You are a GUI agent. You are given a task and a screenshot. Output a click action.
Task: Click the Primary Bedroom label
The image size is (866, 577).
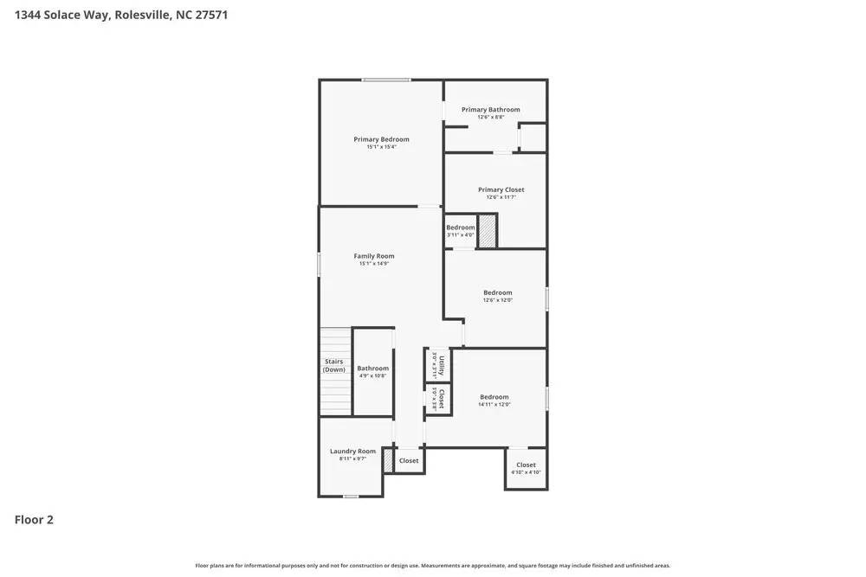[x=381, y=139]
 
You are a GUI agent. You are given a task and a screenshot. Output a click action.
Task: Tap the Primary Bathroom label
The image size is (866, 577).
[x=490, y=110]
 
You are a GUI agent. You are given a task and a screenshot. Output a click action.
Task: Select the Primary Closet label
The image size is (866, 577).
[x=501, y=189]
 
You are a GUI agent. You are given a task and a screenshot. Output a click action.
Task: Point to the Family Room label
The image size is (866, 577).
[x=373, y=256]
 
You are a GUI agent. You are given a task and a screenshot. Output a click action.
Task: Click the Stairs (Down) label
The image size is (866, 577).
[x=333, y=366]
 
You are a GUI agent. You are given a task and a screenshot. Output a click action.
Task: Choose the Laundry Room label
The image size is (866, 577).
[x=352, y=451]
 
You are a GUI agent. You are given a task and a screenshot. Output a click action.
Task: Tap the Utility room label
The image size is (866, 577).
[x=442, y=365]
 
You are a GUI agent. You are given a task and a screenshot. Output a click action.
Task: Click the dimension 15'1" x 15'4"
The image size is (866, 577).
[x=381, y=147]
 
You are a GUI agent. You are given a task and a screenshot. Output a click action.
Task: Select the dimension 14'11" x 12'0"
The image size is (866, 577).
[x=494, y=404]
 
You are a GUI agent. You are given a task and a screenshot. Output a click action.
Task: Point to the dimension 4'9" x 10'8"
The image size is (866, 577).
[x=372, y=375]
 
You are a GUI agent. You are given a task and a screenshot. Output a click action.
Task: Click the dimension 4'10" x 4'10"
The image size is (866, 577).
[x=526, y=472]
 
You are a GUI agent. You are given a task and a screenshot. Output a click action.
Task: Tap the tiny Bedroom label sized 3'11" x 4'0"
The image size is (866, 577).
[x=460, y=228]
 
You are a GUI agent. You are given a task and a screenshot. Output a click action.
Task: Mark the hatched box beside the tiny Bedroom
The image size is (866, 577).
[x=487, y=231]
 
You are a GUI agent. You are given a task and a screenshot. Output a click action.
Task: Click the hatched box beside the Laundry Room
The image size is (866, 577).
[x=388, y=460]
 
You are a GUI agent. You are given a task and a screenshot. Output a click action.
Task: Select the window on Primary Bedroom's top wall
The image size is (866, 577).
[x=386, y=80]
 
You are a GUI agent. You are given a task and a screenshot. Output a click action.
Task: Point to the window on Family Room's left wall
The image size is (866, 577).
[x=320, y=264]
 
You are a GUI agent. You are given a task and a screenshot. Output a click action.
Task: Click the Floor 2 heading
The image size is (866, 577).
[x=34, y=520]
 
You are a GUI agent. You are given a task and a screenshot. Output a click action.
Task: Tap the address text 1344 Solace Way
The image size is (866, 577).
[x=61, y=15]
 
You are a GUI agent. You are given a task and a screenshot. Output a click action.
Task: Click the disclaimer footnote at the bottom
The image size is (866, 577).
[x=432, y=566]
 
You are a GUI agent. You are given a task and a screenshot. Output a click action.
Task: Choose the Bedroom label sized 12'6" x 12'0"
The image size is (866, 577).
[x=497, y=292]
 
